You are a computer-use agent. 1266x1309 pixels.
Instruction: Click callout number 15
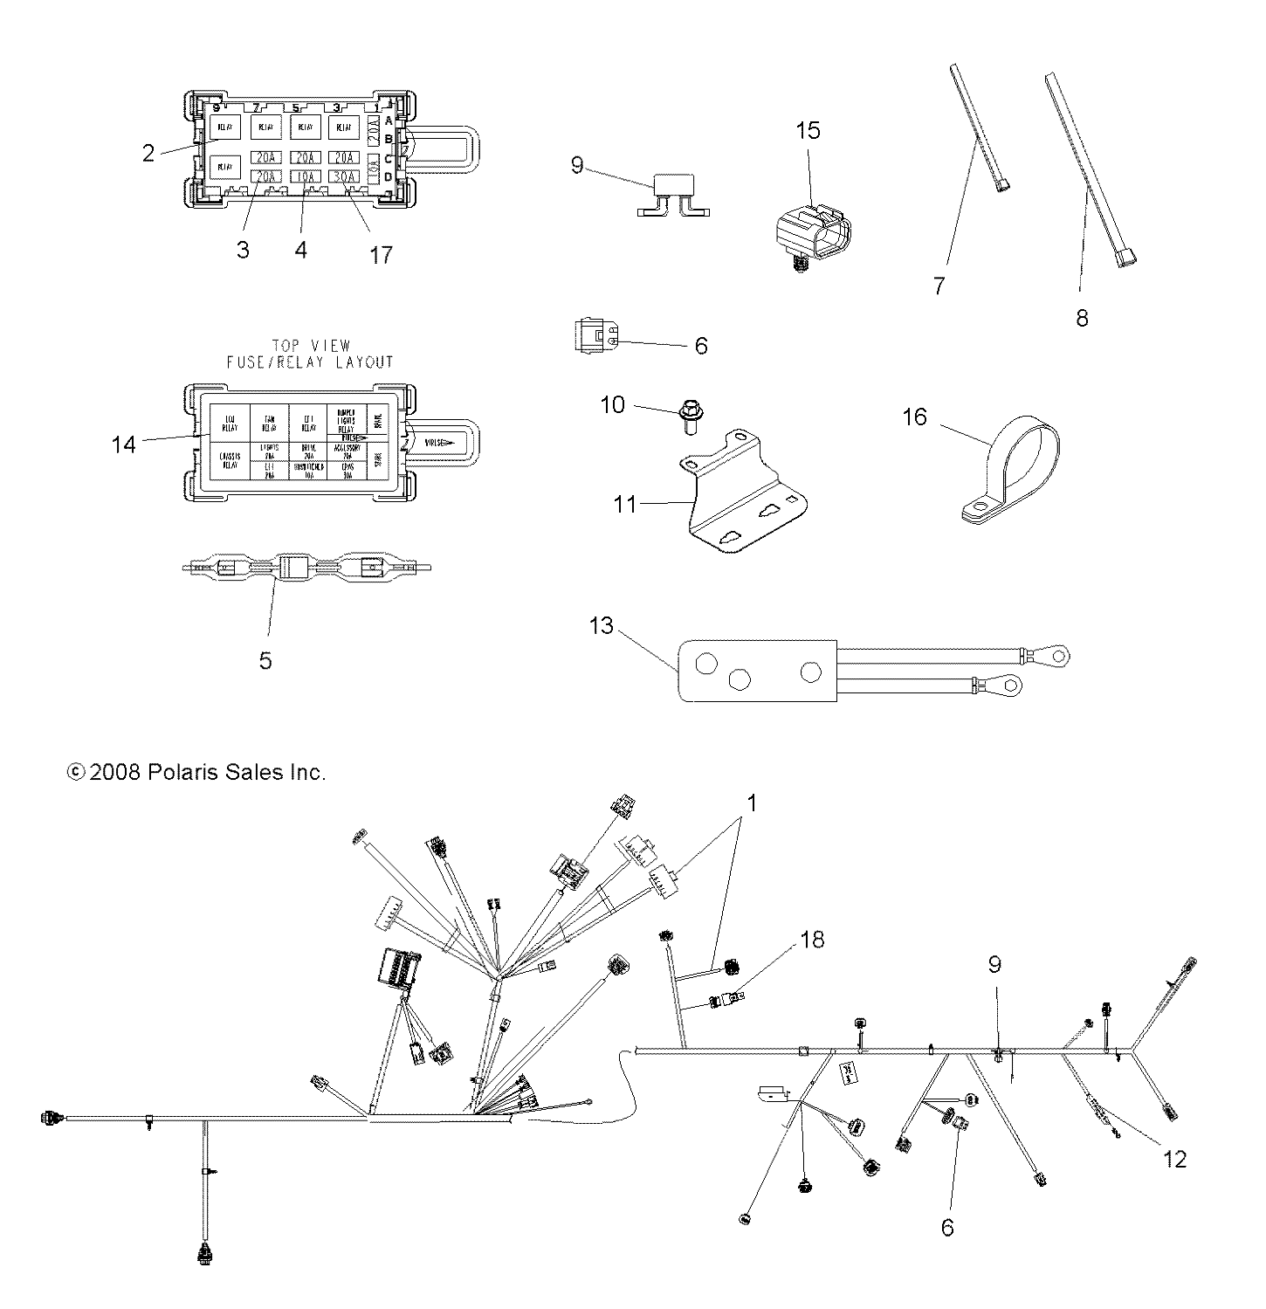point(808,131)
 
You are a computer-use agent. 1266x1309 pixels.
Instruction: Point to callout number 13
point(602,626)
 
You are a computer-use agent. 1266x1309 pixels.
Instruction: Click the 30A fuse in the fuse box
point(346,176)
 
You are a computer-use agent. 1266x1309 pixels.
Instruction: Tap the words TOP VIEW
point(310,346)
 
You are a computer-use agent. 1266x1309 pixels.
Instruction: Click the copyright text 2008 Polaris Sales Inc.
point(196,772)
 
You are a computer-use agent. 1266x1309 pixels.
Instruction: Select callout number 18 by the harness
point(812,940)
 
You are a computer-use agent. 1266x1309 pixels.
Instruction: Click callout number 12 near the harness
point(1175,1159)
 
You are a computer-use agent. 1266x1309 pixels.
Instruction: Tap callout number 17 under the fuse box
point(381,255)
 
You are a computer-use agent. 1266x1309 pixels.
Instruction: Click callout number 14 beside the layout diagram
point(123,444)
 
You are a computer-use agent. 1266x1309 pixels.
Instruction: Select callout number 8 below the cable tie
point(1082,319)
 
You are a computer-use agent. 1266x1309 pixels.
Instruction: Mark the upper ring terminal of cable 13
point(1056,656)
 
